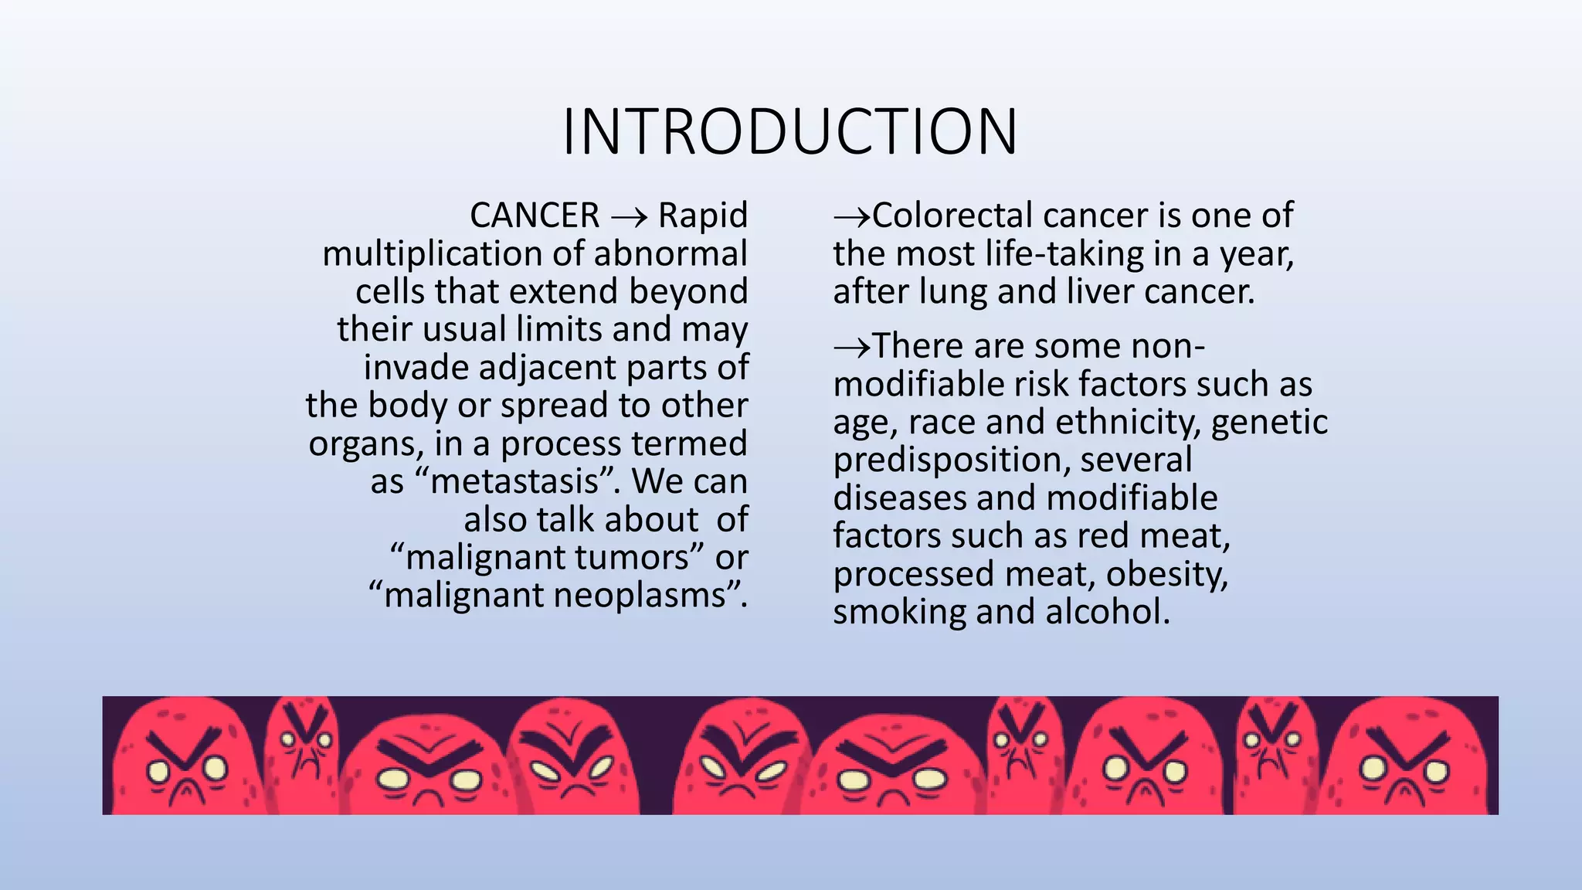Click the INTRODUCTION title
click(789, 131)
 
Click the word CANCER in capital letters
click(535, 216)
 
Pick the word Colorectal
click(952, 216)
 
